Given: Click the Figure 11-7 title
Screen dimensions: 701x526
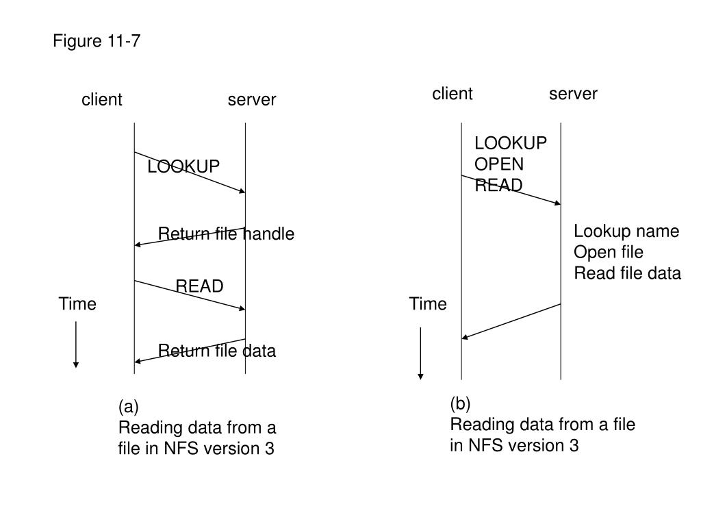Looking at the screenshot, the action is click(97, 40).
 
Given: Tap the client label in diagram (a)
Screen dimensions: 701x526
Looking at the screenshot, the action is click(101, 99).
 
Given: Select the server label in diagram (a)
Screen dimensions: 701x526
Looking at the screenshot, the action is click(252, 99).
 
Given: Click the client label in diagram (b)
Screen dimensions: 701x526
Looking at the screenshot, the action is click(452, 93).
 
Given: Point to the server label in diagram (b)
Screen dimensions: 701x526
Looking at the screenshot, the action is click(573, 93).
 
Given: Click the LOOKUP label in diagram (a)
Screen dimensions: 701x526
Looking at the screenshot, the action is click(183, 166).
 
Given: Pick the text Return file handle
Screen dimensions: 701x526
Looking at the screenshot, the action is click(226, 234).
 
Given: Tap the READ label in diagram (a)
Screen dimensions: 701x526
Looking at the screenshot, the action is click(199, 286).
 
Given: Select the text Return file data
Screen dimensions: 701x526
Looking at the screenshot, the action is click(217, 351).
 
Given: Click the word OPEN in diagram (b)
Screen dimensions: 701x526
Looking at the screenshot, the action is click(499, 164).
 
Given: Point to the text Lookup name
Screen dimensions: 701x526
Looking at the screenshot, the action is click(626, 231).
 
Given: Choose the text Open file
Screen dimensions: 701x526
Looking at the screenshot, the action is click(609, 252).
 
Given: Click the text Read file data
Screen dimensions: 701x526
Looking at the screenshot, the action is click(627, 273).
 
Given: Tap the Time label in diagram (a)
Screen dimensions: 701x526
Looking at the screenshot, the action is click(77, 303).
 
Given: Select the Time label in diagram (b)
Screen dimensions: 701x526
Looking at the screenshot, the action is click(428, 303).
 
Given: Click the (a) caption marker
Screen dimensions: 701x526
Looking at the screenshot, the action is click(128, 407).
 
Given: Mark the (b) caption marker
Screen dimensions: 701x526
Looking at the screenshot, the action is click(460, 403).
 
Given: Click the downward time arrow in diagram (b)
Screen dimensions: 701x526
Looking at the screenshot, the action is click(420, 353).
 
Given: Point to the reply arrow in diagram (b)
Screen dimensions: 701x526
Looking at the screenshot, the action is click(511, 322).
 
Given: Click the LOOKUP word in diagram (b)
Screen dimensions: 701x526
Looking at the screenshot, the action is click(511, 143).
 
